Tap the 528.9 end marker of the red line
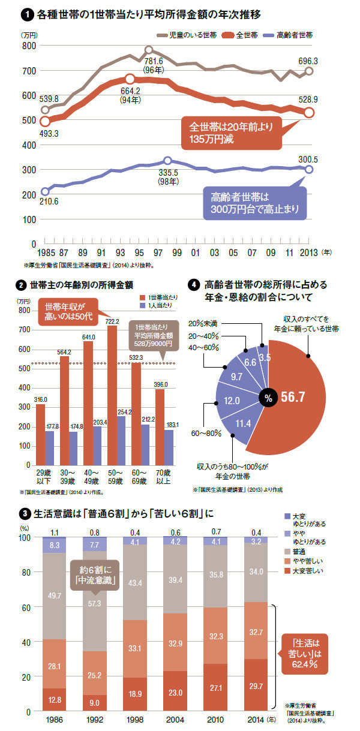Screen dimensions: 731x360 [x=309, y=112]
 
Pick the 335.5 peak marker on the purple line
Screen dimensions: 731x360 [x=167, y=161]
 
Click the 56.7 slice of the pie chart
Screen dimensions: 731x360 [x=300, y=396]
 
